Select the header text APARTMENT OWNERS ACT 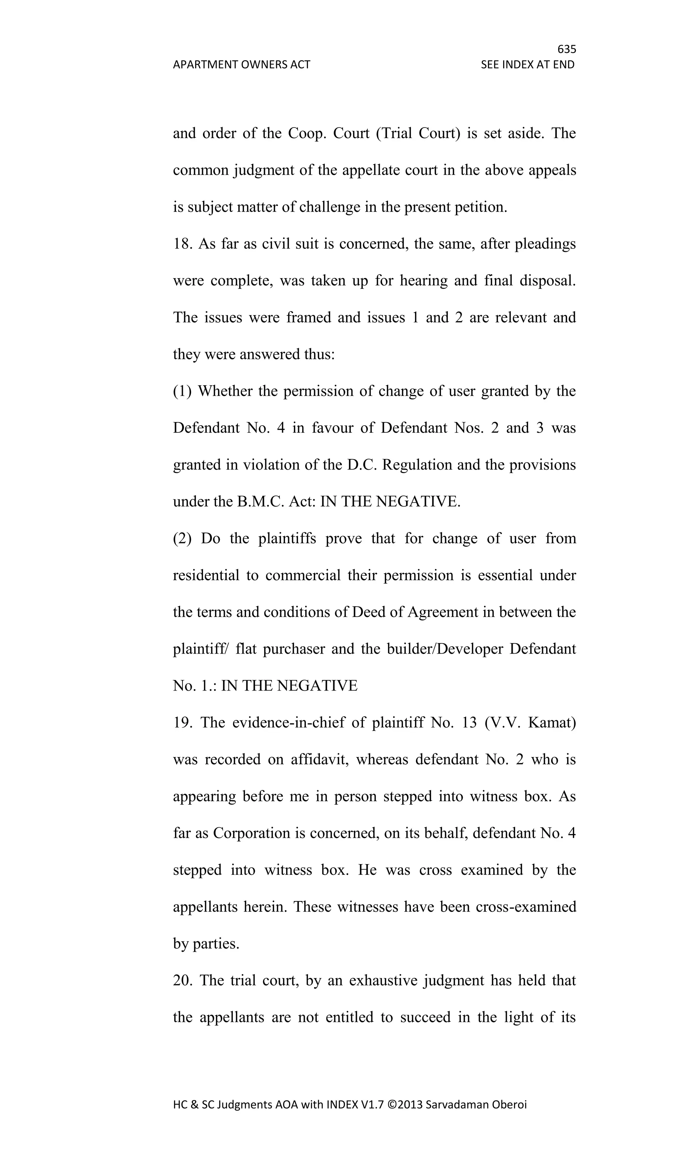(x=241, y=65)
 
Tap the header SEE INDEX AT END (x=527, y=65)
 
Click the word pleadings (x=545, y=244)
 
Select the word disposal (x=548, y=281)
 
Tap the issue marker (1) (x=183, y=391)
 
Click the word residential (x=206, y=575)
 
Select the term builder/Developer (x=445, y=649)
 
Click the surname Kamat (x=552, y=723)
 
